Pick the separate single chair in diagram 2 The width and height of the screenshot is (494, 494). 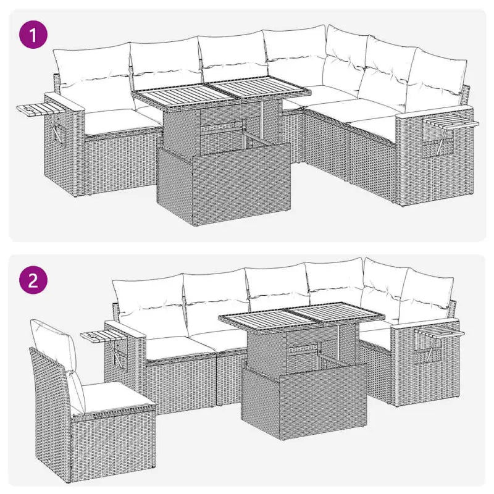pos(86,401)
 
